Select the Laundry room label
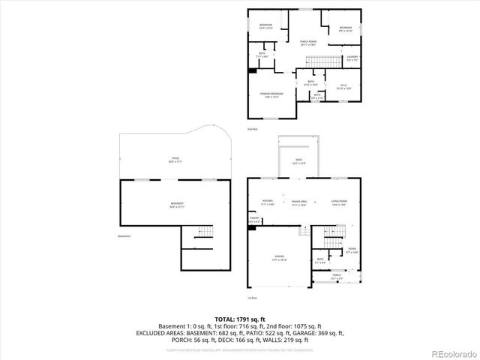[351, 58]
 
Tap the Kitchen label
[268, 203]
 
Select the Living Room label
[338, 203]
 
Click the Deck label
[298, 161]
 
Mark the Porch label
[337, 276]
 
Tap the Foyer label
[351, 251]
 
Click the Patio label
[175, 160]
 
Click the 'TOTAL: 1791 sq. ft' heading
[239, 318]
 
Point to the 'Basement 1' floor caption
[125, 236]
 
